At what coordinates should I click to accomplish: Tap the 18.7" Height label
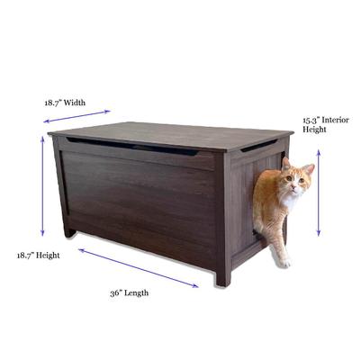(38, 256)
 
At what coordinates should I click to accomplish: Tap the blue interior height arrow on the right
(318, 193)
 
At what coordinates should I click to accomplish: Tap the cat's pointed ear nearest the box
(286, 165)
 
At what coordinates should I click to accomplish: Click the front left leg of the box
(68, 230)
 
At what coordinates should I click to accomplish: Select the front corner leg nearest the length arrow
(222, 274)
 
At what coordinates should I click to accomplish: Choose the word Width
(75, 103)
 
